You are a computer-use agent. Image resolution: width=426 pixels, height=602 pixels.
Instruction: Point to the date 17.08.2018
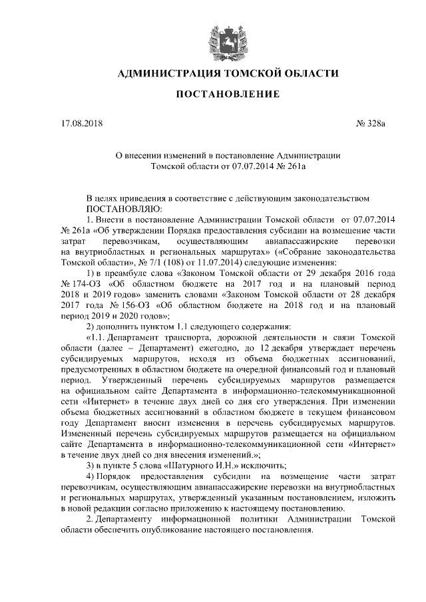click(x=79, y=124)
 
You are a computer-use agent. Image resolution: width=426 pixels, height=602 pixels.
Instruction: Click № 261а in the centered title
click(x=287, y=168)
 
